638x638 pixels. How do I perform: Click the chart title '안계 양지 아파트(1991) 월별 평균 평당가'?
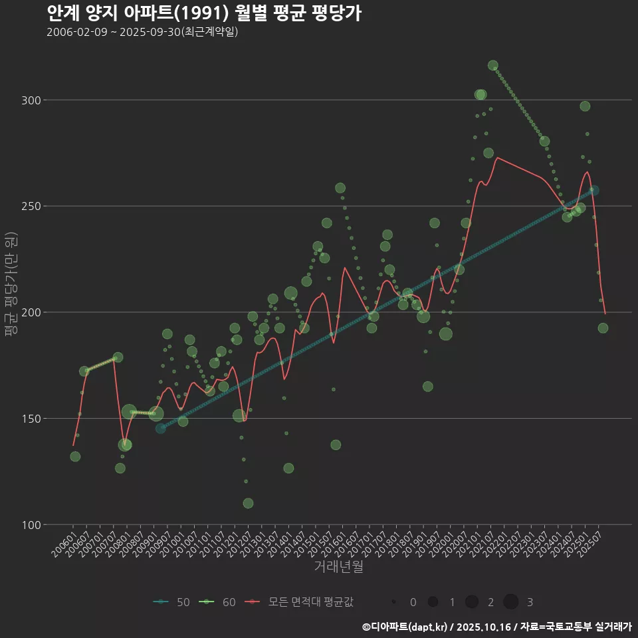point(204,13)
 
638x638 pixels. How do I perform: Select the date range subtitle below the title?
point(142,33)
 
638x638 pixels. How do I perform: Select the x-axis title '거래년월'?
point(338,567)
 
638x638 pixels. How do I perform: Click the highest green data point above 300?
point(493,65)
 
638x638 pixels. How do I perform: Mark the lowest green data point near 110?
point(248,503)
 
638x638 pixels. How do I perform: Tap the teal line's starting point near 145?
point(161,429)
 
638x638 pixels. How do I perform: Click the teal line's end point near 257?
point(593,191)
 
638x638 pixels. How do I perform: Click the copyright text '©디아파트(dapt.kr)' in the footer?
point(406,627)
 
